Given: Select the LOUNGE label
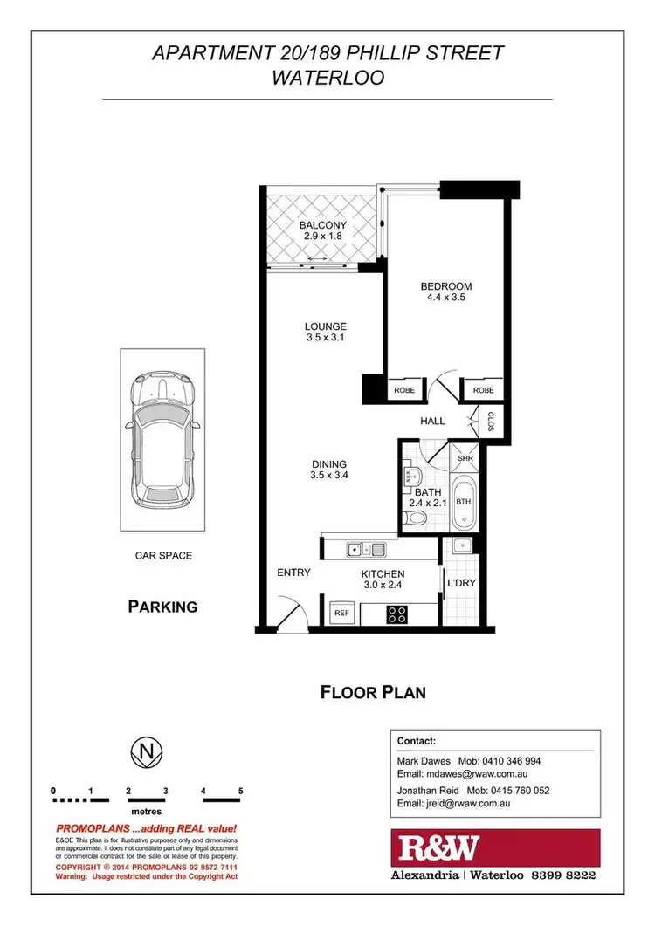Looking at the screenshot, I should [325, 326].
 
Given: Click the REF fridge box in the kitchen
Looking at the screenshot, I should [342, 614].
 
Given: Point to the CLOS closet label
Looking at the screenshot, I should [491, 422].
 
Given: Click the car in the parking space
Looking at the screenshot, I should [163, 440].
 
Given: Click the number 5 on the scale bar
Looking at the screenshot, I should [239, 791].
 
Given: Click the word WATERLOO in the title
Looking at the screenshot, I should [327, 77].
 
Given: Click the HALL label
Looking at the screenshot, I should [432, 421].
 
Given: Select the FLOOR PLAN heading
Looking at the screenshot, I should [373, 693].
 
